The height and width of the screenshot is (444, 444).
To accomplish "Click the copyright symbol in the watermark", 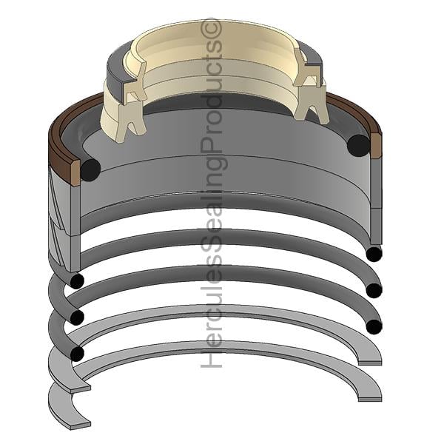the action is (x=211, y=28).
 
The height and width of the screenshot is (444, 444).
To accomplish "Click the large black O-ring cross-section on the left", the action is (x=90, y=170).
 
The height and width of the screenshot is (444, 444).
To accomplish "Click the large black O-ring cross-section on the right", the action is (x=358, y=146).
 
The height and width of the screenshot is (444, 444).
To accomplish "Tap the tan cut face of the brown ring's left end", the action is (x=75, y=173).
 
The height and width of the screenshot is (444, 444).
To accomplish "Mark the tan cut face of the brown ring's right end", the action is (x=376, y=146).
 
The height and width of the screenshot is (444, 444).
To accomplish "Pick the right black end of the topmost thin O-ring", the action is (x=374, y=255).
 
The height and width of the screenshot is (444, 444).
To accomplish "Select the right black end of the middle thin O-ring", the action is (x=374, y=290).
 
